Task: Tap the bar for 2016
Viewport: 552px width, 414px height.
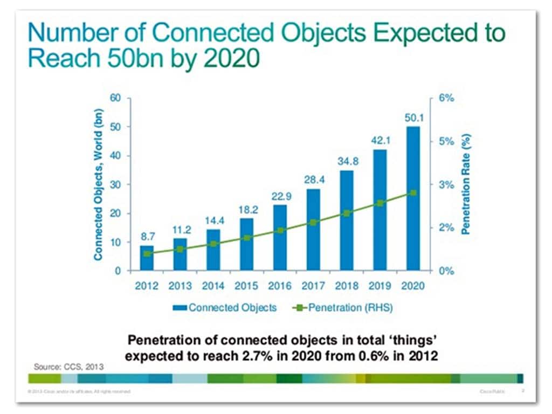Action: point(280,237)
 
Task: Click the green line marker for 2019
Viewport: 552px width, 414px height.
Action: point(380,203)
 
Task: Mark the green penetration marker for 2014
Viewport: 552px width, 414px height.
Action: point(213,244)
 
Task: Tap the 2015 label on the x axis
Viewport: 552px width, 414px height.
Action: point(246,286)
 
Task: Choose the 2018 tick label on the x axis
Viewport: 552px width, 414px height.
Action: point(347,286)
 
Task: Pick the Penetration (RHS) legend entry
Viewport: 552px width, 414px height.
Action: point(343,307)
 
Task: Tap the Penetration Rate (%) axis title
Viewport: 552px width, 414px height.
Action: point(467,185)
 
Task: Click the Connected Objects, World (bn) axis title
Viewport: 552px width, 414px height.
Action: point(99,184)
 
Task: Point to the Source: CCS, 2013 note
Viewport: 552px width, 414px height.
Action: point(66,367)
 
